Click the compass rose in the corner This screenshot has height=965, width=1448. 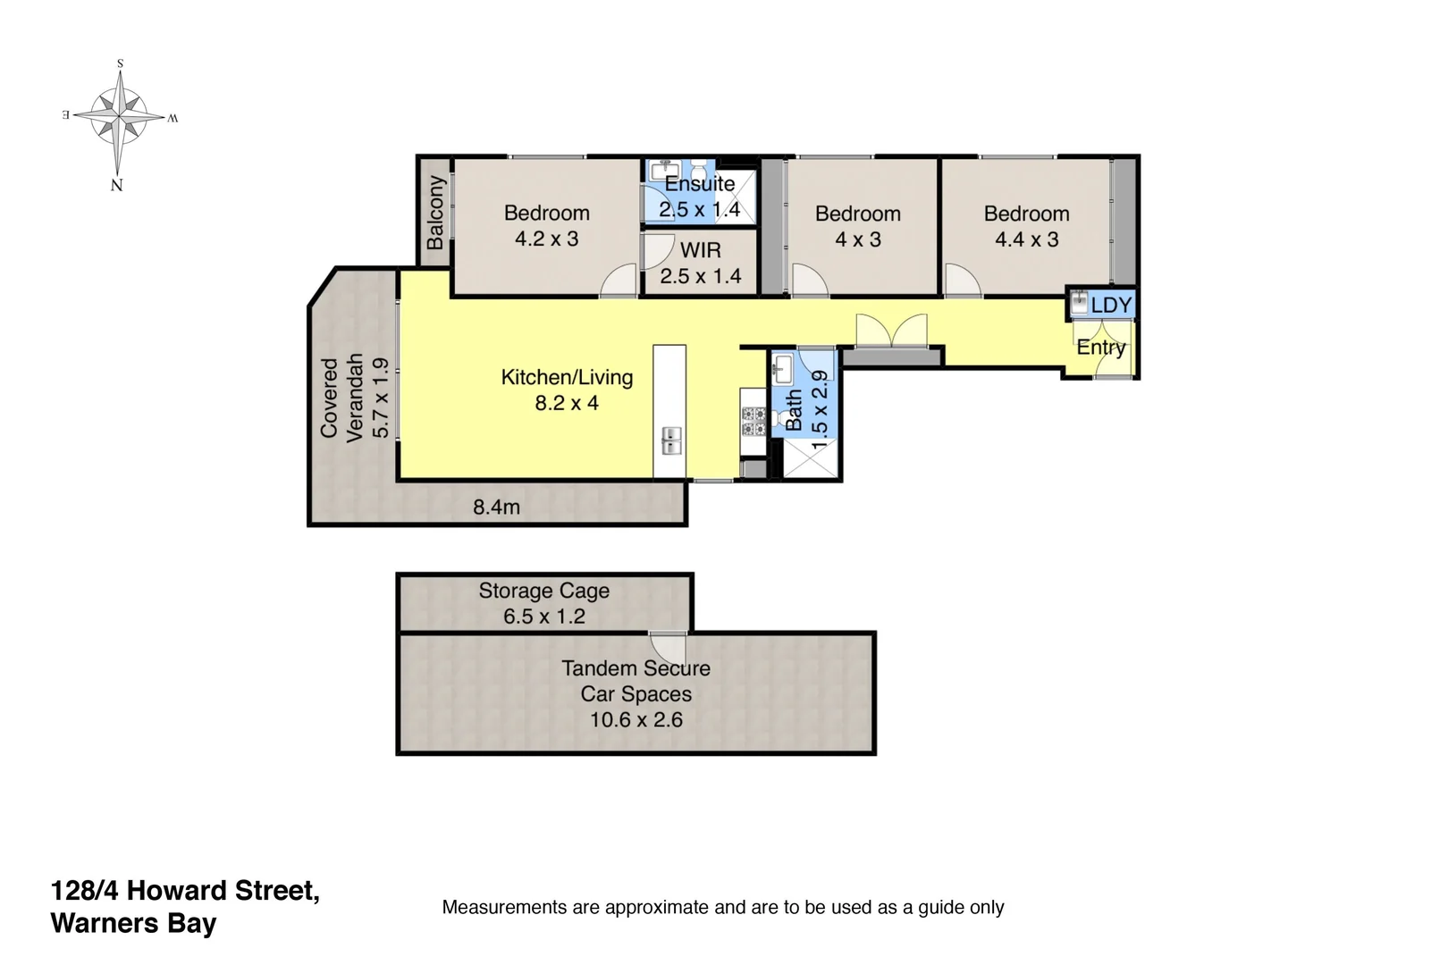point(118,116)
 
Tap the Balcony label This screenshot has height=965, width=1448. point(435,213)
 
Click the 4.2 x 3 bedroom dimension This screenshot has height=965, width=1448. point(546,239)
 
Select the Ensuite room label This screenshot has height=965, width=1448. point(700,184)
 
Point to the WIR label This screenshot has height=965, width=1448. point(700,251)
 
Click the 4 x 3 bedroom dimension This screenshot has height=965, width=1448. point(857,239)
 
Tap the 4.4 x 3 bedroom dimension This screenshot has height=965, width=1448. point(1026,239)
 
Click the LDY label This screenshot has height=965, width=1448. point(1111,306)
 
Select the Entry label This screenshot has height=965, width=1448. point(1100,348)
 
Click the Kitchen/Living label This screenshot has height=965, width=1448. point(567,377)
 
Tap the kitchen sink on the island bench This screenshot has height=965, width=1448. point(670,440)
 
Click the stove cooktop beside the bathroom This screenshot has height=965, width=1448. point(753,421)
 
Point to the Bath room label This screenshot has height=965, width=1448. point(794,409)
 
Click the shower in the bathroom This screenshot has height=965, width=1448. point(811,458)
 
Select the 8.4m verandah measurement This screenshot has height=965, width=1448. point(496,508)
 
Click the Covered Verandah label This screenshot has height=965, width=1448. point(342,398)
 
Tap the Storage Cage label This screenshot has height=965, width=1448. point(543,591)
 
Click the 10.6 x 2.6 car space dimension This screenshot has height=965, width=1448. point(636,719)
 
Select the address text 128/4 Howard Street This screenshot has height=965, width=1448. point(185,891)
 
